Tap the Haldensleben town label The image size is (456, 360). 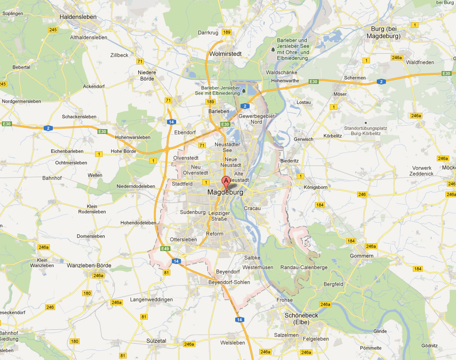coord(78,17)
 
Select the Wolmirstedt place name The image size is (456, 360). coord(225,54)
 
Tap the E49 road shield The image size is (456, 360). coord(166,248)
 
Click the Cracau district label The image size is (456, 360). coord(252,208)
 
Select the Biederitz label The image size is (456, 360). coord(289,161)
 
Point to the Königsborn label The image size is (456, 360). coord(315,187)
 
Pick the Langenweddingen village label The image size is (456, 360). coord(151,300)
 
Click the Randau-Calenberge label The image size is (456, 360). coord(304,267)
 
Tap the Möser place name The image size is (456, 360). coord(340,94)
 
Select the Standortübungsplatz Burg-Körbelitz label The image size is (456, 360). coord(366,131)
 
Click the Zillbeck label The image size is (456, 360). coord(120,55)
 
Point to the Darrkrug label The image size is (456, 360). coord(208,33)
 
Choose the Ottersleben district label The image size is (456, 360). coord(183,240)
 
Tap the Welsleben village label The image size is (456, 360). coord(232,343)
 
